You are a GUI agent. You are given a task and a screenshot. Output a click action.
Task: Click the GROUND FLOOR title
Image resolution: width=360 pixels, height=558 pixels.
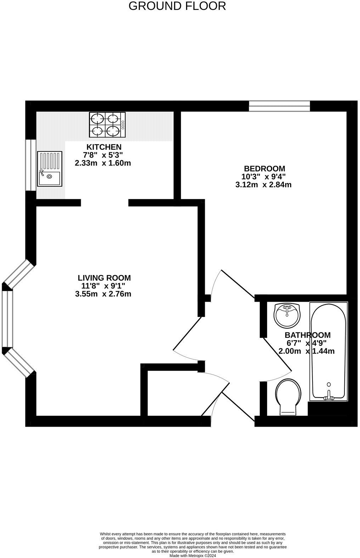point(177,6)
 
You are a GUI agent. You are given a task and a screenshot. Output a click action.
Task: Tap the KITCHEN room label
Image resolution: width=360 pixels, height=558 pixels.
point(104,147)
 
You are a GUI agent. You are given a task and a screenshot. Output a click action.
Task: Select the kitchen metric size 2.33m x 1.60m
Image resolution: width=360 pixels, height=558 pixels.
point(103,163)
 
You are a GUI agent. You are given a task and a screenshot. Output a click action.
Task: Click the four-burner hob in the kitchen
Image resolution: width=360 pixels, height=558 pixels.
point(107,125)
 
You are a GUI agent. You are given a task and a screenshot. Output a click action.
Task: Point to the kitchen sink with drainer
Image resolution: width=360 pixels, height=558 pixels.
point(50,169)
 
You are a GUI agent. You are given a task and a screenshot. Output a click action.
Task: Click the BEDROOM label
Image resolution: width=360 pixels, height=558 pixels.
point(264,169)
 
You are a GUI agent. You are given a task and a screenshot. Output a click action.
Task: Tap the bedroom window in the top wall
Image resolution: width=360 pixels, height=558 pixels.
point(279,106)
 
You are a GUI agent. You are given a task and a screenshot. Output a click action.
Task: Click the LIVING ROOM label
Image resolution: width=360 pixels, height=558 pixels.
point(104,278)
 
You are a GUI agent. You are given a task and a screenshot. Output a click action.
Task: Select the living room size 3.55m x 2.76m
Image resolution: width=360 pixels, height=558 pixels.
point(103,294)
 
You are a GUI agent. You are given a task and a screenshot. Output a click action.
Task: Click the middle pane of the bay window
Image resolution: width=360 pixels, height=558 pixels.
point(7,319)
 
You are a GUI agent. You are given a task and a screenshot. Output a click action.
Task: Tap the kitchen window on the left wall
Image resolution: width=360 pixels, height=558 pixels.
point(30,165)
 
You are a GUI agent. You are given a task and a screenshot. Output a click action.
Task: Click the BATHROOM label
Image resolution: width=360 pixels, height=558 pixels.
point(308,335)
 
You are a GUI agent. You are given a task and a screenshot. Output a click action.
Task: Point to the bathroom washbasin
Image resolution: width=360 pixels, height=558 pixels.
point(287,315)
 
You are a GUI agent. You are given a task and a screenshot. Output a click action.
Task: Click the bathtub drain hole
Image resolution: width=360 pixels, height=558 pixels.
point(329,385)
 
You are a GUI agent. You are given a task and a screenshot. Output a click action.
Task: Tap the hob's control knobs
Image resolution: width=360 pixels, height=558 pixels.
point(123,125)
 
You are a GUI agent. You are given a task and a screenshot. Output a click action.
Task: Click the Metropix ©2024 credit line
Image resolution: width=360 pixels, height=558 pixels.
point(192,556)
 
